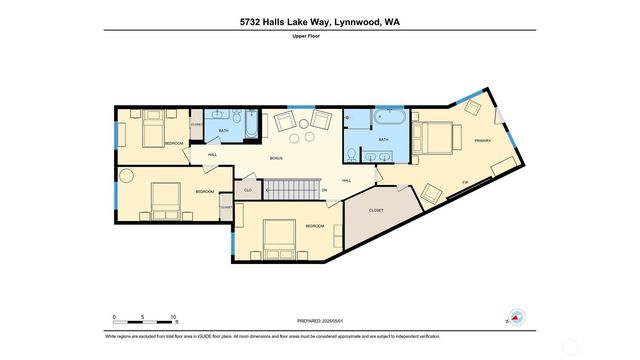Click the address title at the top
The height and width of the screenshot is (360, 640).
pos(319,21)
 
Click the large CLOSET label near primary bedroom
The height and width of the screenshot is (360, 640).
pos(376,211)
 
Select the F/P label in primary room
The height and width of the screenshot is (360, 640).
pos(464,181)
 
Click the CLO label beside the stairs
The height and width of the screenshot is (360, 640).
pos(248,190)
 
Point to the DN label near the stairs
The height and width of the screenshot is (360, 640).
pos(323,190)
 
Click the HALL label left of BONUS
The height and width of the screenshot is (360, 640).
pos(212,155)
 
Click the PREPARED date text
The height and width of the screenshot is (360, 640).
pos(319,322)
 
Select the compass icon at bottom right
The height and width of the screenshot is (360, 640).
pos(515,317)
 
